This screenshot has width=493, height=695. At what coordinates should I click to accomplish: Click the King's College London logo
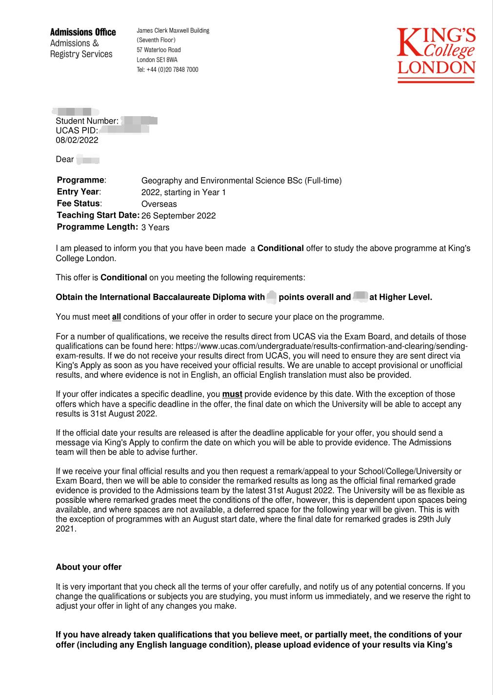(x=436, y=55)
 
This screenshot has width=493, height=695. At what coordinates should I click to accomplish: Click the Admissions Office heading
(x=83, y=32)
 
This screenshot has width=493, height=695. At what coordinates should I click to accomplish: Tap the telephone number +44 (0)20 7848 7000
(x=167, y=70)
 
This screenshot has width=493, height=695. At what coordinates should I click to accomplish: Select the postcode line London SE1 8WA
(x=157, y=60)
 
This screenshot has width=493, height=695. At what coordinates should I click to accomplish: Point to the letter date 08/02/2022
(x=77, y=140)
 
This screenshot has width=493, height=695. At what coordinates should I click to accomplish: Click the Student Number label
(x=87, y=121)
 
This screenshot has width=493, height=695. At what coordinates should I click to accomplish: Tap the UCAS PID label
(x=77, y=131)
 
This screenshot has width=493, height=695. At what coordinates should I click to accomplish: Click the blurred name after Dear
(x=89, y=160)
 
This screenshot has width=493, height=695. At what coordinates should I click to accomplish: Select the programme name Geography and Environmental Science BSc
(x=241, y=181)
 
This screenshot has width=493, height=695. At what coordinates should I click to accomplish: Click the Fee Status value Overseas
(x=159, y=204)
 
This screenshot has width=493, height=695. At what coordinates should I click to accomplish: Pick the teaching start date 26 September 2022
(x=178, y=216)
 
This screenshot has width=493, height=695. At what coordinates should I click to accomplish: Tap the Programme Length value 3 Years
(x=156, y=227)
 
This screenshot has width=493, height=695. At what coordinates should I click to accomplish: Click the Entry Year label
(x=79, y=192)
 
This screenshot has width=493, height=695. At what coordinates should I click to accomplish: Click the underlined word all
(x=117, y=317)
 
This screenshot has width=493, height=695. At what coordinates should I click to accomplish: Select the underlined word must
(x=232, y=394)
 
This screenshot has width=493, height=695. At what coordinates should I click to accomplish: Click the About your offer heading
(x=89, y=567)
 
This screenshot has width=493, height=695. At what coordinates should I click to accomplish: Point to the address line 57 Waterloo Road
(x=158, y=50)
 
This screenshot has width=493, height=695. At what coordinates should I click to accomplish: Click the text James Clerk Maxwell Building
(x=173, y=31)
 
